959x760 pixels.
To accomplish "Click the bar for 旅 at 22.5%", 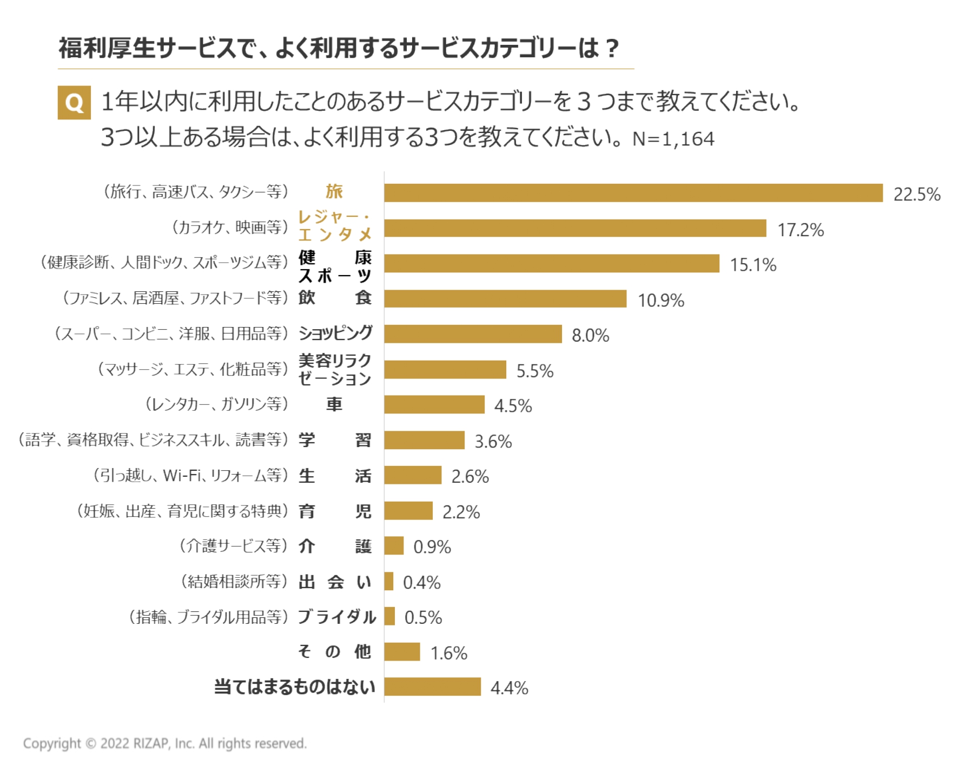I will [633, 193].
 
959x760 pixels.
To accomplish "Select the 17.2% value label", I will [800, 230].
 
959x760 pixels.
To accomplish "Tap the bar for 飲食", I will [505, 299].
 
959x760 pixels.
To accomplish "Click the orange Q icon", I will [74, 102].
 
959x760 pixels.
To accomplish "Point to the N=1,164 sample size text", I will [673, 139].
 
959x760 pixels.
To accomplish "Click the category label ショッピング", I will [335, 333].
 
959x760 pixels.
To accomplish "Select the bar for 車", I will [434, 404].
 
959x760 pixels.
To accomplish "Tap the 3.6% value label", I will [493, 441].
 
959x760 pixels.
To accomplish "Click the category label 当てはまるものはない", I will [294, 686].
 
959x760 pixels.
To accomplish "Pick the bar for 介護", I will [394, 546].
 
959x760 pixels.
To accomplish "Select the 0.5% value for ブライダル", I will [423, 617].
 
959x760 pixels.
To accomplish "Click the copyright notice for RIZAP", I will [164, 743].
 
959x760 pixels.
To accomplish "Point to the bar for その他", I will [402, 652].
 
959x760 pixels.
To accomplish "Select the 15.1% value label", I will [753, 265].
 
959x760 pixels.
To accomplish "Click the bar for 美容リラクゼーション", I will [445, 370].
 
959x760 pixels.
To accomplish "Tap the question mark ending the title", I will [612, 49].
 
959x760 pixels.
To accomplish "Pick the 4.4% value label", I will [509, 688].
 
